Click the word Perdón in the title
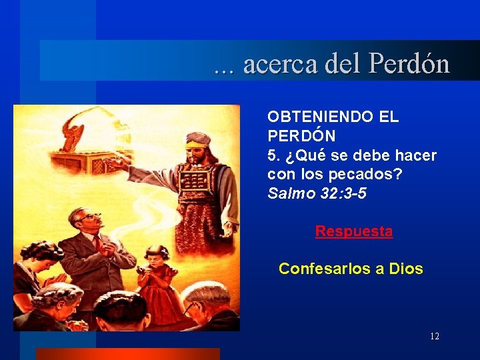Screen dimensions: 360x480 point(409,65)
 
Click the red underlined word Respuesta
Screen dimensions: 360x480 point(353,231)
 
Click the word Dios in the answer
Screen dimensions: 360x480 point(405,269)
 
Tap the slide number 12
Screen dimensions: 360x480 point(434,337)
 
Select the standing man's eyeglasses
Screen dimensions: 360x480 point(91,217)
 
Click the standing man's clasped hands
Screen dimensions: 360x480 point(99,244)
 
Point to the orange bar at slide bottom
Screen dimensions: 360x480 point(127,353)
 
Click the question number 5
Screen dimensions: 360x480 point(271,156)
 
